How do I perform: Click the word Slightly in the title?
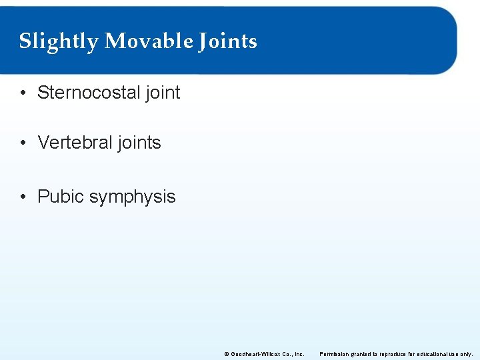tap(58, 41)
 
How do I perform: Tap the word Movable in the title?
tap(149, 41)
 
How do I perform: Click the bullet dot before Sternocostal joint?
tap(23, 93)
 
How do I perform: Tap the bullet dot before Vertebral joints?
tap(23, 143)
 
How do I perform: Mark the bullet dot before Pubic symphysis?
tap(23, 197)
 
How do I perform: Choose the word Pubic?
tap(61, 197)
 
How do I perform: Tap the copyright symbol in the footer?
tap(227, 354)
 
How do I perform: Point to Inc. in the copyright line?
tap(298, 354)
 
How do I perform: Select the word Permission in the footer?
tap(335, 354)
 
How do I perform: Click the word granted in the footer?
tap(363, 354)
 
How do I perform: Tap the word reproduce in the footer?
tap(397, 354)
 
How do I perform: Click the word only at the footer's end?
tap(467, 354)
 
